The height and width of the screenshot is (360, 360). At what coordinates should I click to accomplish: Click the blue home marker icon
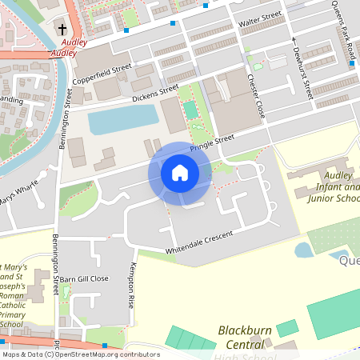[180, 172]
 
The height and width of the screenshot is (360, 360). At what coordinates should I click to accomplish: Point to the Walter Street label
[261, 17]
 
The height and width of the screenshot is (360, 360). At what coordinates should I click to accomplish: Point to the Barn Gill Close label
[87, 278]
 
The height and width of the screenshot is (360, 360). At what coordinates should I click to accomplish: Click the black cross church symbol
[62, 30]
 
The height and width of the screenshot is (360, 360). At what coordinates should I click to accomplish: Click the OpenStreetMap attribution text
[80, 354]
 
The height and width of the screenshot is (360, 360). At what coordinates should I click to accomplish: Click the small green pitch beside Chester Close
[190, 110]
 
